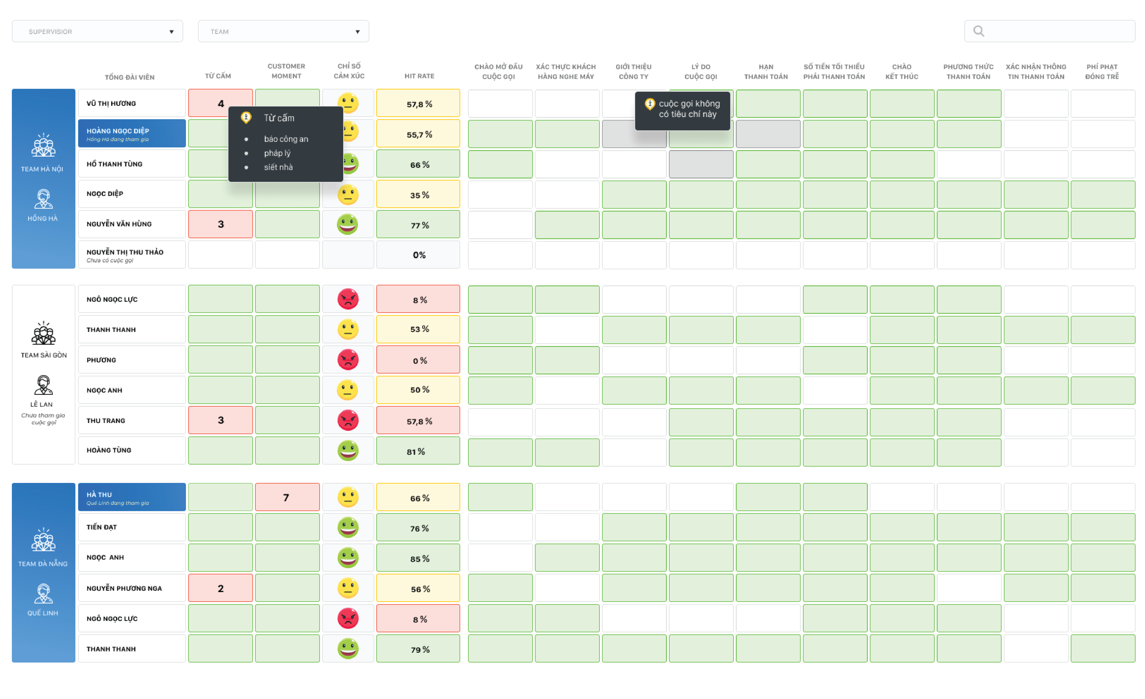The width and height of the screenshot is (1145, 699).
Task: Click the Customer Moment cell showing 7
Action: (x=287, y=497)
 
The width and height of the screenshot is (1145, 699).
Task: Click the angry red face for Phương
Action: (x=348, y=360)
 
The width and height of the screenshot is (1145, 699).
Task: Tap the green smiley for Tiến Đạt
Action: (x=348, y=527)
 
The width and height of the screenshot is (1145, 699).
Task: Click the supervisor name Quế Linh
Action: (x=43, y=613)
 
